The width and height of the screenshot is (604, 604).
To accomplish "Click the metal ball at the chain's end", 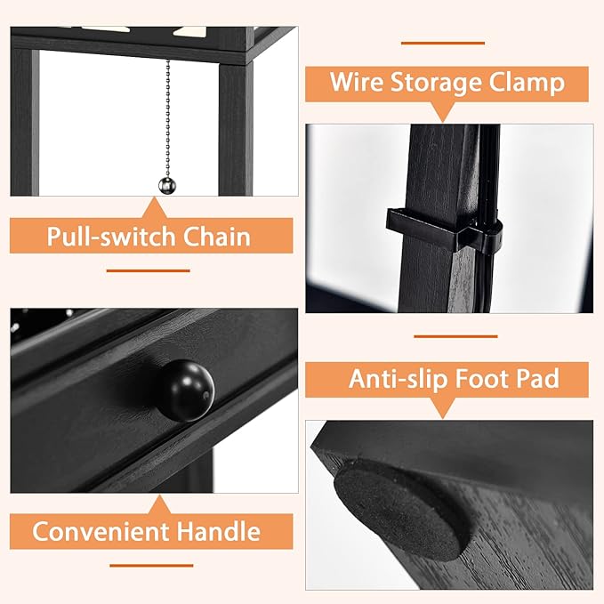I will tap(167, 185).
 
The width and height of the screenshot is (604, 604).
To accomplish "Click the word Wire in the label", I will tap(358, 83).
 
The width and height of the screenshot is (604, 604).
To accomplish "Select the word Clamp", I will tap(530, 83).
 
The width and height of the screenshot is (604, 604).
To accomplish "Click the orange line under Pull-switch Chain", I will tap(149, 270).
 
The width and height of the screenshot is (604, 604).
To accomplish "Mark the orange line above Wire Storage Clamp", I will tap(442, 42).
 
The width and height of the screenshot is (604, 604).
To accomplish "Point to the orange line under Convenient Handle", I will tap(150, 565).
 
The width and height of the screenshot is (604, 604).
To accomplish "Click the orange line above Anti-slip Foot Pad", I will tap(455, 337).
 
